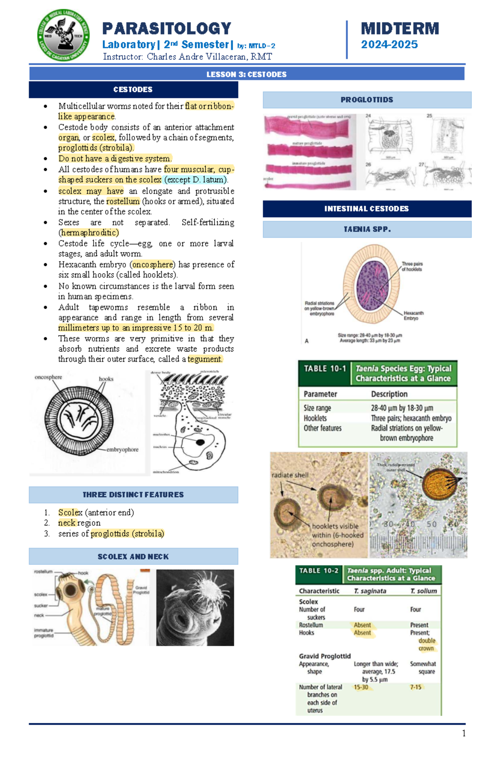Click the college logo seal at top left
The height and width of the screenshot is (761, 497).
[63, 36]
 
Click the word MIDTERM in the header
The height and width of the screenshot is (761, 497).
[400, 29]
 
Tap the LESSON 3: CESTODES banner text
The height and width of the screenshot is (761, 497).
[246, 74]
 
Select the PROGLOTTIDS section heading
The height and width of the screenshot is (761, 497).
[367, 100]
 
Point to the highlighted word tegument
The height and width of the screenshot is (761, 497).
[205, 359]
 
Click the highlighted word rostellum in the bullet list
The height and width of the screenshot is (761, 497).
[123, 201]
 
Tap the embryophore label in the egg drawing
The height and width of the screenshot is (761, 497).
[122, 449]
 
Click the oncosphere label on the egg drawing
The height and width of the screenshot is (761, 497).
[48, 377]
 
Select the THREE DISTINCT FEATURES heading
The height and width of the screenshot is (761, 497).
[133, 494]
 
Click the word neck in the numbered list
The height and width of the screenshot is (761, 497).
[67, 523]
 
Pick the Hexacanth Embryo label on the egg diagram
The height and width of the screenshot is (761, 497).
[413, 315]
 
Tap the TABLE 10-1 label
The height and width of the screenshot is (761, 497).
[325, 368]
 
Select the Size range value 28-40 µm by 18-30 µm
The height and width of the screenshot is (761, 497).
[402, 408]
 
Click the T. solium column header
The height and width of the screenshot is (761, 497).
[423, 591]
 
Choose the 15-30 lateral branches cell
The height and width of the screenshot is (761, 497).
[361, 687]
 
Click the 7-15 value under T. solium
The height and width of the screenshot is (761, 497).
[415, 687]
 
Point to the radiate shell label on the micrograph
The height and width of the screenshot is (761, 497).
[290, 475]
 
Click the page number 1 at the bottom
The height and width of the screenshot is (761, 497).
[463, 733]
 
